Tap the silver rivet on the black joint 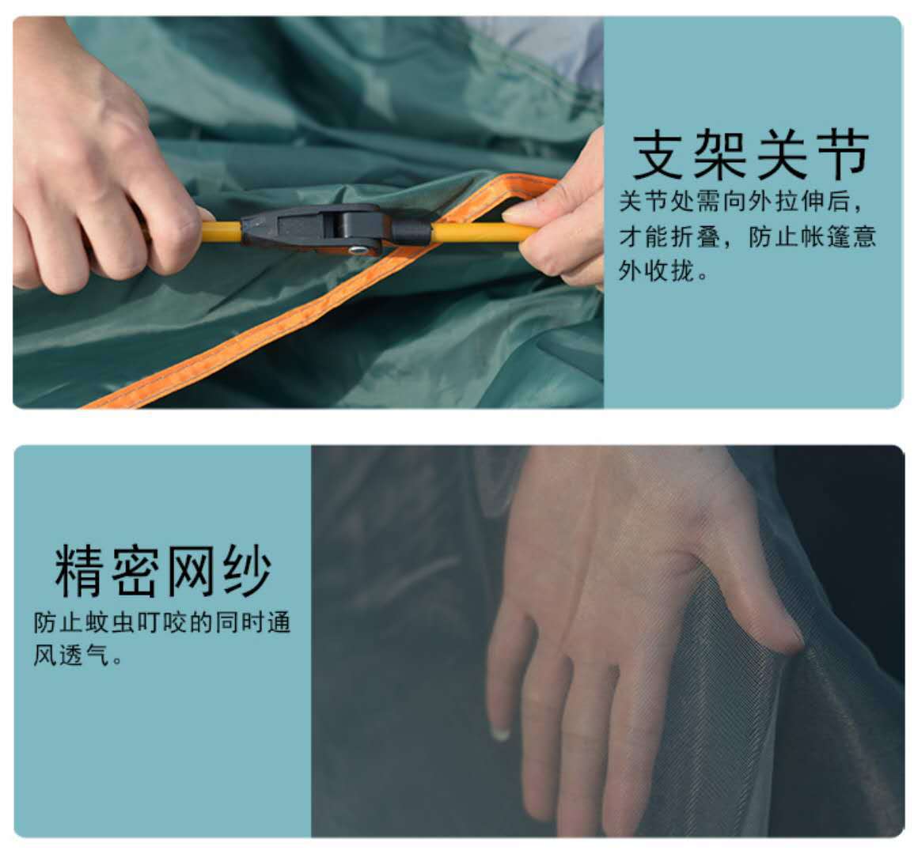click(x=358, y=250)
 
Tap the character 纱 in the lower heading click(x=246, y=571)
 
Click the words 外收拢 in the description click(x=654, y=271)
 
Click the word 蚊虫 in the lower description click(x=104, y=622)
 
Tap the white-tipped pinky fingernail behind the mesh click(x=500, y=735)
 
